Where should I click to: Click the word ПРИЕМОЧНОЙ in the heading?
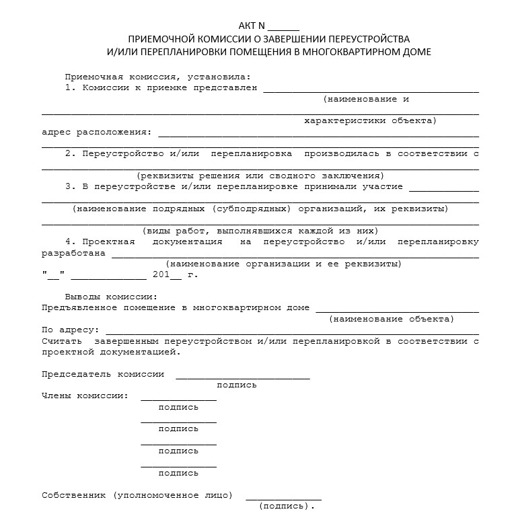click(x=159, y=39)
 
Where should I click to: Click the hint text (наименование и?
click(x=367, y=99)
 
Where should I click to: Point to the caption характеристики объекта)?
click(x=370, y=121)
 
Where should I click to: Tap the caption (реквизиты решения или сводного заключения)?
click(x=260, y=176)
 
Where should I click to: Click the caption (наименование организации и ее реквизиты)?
click(x=283, y=264)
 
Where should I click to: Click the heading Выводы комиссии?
click(x=111, y=297)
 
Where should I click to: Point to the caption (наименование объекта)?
click(x=392, y=319)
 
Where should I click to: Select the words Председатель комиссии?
click(x=103, y=374)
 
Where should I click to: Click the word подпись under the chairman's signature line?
click(x=237, y=385)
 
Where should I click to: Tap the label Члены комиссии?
click(x=85, y=395)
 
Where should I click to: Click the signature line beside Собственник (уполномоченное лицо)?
click(x=283, y=498)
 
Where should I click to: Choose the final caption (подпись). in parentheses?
click(x=287, y=506)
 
